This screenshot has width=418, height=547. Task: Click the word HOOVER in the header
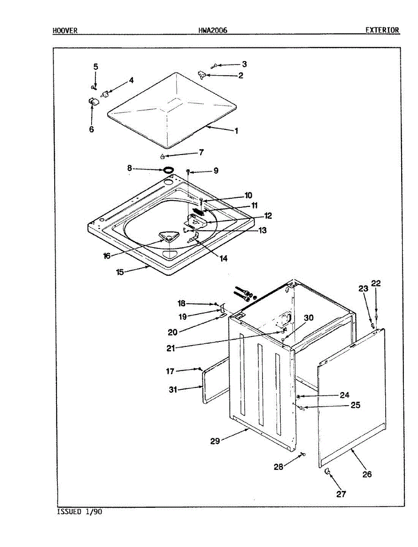(x=65, y=31)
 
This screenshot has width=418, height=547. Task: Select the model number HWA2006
(x=212, y=31)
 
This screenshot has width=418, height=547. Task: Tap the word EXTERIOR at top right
(x=382, y=31)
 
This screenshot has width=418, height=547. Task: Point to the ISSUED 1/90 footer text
(x=79, y=512)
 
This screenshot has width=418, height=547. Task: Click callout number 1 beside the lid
(x=237, y=131)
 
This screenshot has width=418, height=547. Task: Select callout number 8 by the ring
(x=129, y=168)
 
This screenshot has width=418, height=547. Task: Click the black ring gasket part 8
(x=168, y=170)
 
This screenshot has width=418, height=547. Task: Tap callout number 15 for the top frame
(x=120, y=272)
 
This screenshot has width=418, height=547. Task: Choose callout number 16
(x=107, y=256)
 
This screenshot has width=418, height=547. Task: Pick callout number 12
(x=268, y=216)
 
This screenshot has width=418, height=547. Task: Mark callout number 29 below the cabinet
(x=215, y=441)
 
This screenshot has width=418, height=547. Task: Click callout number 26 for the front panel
(x=367, y=474)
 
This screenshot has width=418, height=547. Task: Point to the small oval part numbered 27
(x=327, y=475)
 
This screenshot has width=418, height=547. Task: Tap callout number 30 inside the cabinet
(x=309, y=318)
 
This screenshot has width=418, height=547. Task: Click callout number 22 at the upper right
(x=376, y=283)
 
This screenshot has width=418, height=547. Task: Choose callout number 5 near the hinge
(x=96, y=67)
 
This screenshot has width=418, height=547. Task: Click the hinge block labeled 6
(x=93, y=102)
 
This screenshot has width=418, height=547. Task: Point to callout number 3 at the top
(x=244, y=64)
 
